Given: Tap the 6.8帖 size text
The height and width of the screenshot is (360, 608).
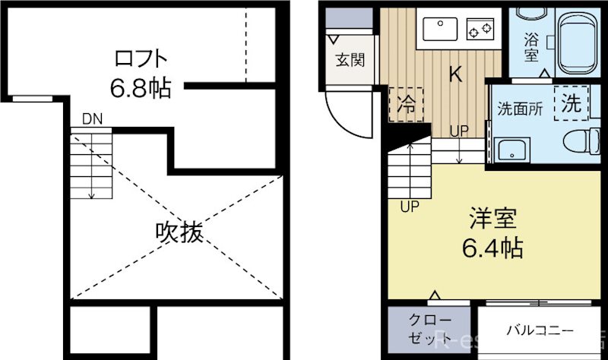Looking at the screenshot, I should tap(140, 89).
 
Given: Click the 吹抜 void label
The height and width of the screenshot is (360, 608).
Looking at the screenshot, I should tap(179, 232).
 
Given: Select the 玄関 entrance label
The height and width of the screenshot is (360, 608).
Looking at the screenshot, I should tap(350, 60).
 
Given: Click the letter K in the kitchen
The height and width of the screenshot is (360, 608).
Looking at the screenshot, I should tap(454, 74).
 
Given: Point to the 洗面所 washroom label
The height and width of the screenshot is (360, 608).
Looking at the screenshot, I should tap(520, 108).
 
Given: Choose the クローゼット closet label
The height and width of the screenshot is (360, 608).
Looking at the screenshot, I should tap(430, 330).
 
